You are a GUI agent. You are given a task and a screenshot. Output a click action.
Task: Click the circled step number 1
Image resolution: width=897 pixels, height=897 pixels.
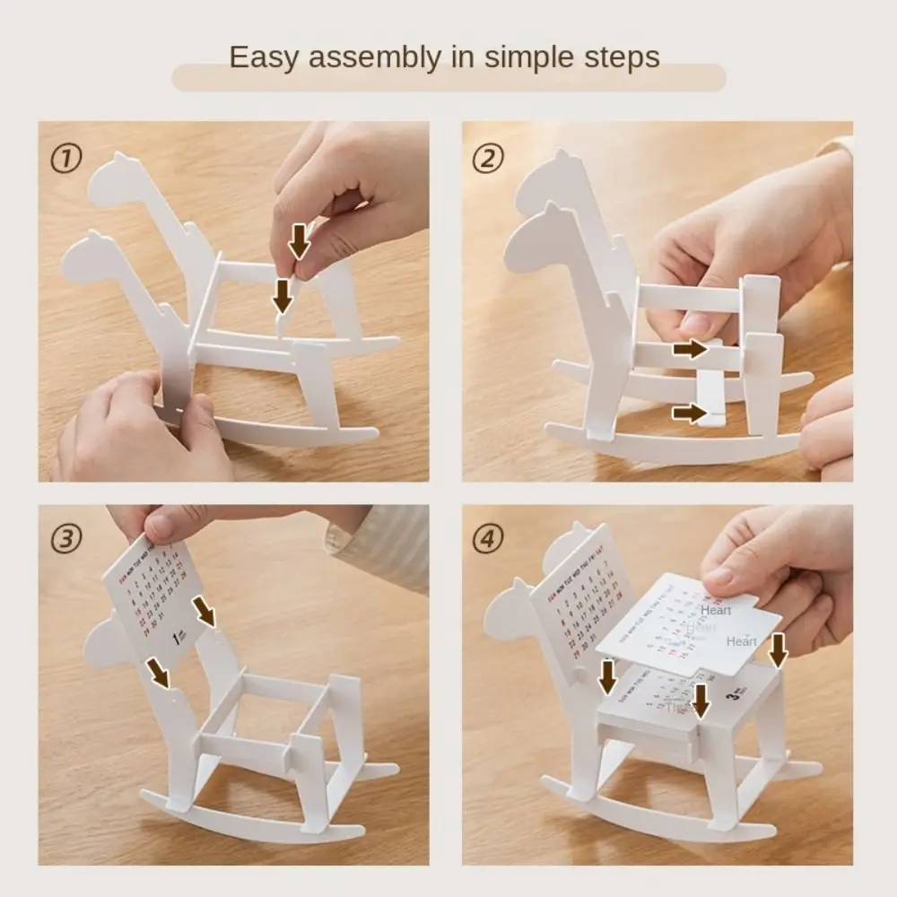(x=65, y=161)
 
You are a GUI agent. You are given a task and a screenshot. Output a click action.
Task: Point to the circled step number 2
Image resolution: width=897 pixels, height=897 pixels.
(x=488, y=160)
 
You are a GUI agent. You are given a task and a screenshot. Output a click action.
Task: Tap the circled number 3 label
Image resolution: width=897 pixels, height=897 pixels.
(x=65, y=539)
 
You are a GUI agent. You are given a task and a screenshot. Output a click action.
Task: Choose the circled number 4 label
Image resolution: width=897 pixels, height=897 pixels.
(x=488, y=539)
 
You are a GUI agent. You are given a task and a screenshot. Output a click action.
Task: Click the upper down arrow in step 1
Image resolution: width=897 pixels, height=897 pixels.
(x=299, y=240)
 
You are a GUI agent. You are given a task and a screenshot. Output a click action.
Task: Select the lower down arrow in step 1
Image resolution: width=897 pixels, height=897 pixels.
(x=283, y=294)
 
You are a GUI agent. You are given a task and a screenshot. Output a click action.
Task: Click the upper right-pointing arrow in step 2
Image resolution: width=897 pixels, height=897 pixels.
(x=690, y=348)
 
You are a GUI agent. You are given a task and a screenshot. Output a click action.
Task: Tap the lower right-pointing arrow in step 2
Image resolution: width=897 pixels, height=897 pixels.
(x=690, y=413)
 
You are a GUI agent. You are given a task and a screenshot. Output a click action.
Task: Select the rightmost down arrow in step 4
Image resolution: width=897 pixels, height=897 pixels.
(x=778, y=649)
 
